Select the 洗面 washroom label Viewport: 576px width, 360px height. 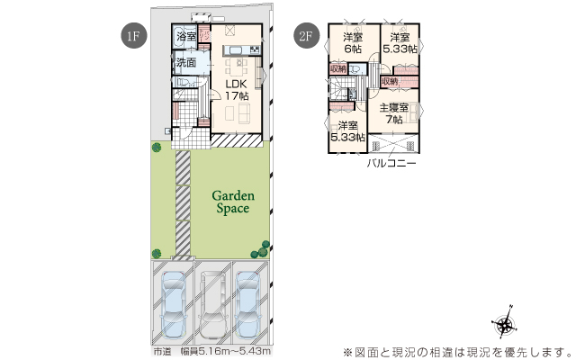[x=185, y=63]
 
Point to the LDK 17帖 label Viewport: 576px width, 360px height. [x=236, y=88]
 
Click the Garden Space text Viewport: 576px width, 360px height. [x=234, y=201]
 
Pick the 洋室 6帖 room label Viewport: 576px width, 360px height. [x=353, y=43]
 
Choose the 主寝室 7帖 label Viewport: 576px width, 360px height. [x=393, y=113]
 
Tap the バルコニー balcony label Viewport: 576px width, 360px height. [x=391, y=164]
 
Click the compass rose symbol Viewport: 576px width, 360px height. [x=505, y=326]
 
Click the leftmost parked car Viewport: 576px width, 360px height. [x=173, y=306]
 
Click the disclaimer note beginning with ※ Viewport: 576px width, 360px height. [x=454, y=351]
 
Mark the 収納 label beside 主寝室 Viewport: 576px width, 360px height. [x=390, y=82]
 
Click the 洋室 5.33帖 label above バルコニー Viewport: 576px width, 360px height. [x=346, y=131]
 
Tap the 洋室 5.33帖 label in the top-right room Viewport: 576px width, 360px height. [x=399, y=43]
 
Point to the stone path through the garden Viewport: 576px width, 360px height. [x=183, y=202]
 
